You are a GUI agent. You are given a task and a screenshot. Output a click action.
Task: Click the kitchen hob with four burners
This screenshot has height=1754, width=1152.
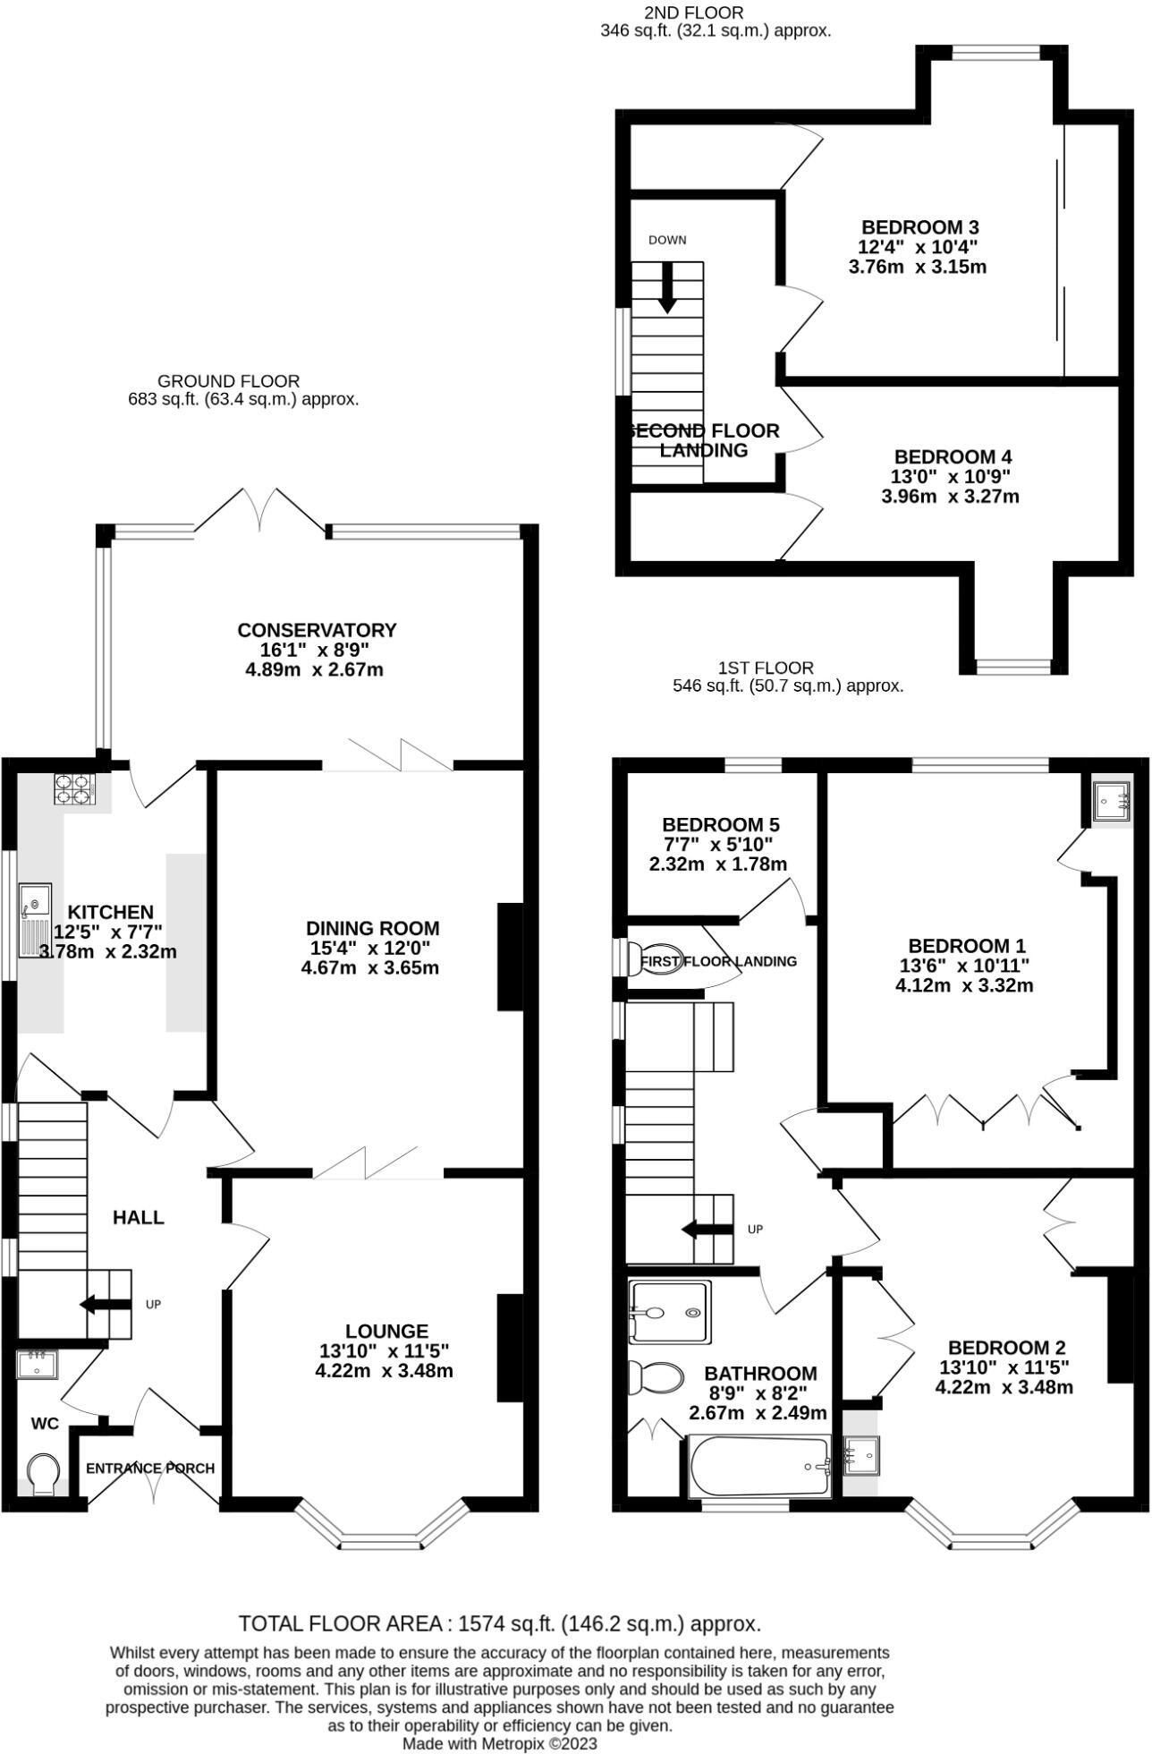[x=74, y=789]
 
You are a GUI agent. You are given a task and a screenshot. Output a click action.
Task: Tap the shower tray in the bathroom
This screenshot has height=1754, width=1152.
[x=670, y=1313]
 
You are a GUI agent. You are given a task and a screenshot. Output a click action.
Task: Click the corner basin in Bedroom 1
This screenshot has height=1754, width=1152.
[x=1111, y=801]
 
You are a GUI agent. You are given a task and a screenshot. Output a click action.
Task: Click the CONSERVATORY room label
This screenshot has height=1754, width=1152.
[x=317, y=630]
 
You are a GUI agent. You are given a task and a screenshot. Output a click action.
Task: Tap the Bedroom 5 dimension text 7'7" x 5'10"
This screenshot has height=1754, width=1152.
[x=716, y=845]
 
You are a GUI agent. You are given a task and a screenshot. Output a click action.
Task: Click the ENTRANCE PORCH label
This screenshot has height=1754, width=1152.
[x=150, y=1469]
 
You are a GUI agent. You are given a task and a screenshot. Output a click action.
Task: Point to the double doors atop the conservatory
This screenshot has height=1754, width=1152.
[x=261, y=512]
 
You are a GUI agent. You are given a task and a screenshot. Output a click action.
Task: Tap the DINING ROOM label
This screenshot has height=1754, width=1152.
[x=372, y=928]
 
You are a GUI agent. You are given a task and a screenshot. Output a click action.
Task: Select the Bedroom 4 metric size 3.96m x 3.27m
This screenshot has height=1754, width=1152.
[x=950, y=496]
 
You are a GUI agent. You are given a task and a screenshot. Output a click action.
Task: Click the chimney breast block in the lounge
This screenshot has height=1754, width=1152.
[x=510, y=1348]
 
